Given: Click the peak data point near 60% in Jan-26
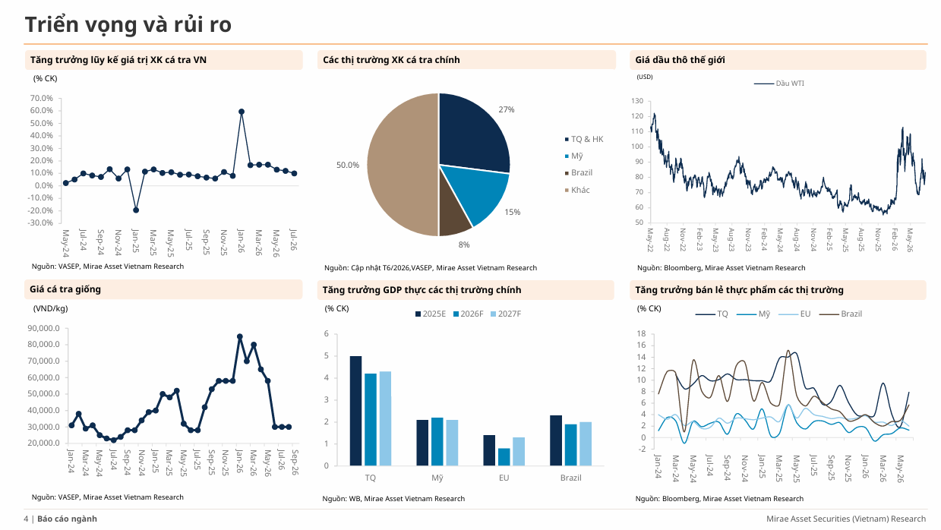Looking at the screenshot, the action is coord(241,112).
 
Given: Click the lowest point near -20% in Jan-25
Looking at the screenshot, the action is coord(136,210).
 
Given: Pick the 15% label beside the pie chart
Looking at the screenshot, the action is coord(512,212).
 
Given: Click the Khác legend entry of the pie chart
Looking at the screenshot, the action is coord(577,190).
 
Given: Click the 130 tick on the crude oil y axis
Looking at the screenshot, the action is coord(637,101).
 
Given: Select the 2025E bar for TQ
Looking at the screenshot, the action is coord(355,411).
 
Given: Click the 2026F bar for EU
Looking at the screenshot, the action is coord(504,457).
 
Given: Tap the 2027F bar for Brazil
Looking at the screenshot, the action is coord(586,444).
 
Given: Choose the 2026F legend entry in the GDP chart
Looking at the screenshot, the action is coord(468,314).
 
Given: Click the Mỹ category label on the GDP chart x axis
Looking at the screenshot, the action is coord(437,478).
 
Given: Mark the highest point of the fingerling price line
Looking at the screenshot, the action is coord(240,337).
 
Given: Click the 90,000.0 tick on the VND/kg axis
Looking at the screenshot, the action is coord(44,328).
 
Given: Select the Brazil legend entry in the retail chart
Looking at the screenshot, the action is coord(841,314).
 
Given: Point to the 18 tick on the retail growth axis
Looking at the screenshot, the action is coord(641,334).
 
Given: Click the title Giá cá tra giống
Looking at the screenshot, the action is coord(65,289).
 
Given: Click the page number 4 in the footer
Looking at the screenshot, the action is coord(26,519).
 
